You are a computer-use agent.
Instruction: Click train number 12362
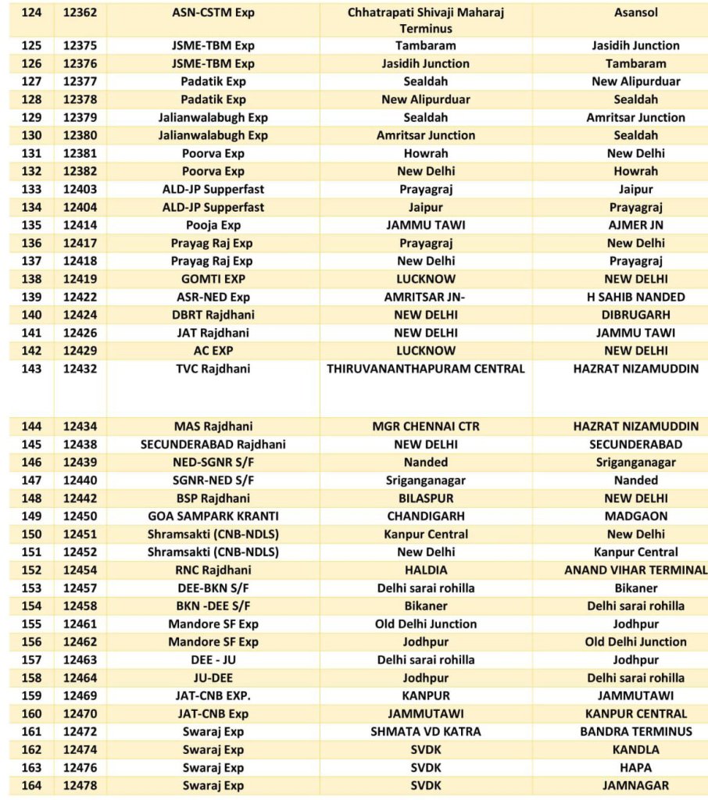pos(80,12)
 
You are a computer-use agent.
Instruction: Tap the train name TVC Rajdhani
pos(213,369)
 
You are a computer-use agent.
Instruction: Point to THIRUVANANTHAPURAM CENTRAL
pos(426,369)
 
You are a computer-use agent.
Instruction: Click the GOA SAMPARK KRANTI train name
pos(213,516)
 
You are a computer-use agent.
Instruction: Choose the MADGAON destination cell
pos(635,516)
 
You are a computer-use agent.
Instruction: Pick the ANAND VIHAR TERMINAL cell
pos(635,570)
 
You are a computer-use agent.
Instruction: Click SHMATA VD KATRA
pos(426,732)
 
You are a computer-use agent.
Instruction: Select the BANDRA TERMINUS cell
pos(635,732)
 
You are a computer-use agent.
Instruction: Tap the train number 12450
pos(80,516)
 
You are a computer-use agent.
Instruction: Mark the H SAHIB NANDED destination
pos(635,297)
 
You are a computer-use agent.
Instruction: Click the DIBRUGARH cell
pos(635,315)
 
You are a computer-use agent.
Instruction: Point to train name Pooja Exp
pos(213,225)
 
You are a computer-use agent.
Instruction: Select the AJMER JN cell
pos(635,225)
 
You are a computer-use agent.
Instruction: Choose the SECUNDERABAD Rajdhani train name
pos(213,445)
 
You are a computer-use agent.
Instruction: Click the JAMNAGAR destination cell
pos(635,786)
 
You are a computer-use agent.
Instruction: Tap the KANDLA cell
pos(635,750)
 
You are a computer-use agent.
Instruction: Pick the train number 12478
pos(80,786)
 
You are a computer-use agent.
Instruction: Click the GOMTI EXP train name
pos(213,279)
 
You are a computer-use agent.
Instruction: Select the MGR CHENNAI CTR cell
pos(426,427)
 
